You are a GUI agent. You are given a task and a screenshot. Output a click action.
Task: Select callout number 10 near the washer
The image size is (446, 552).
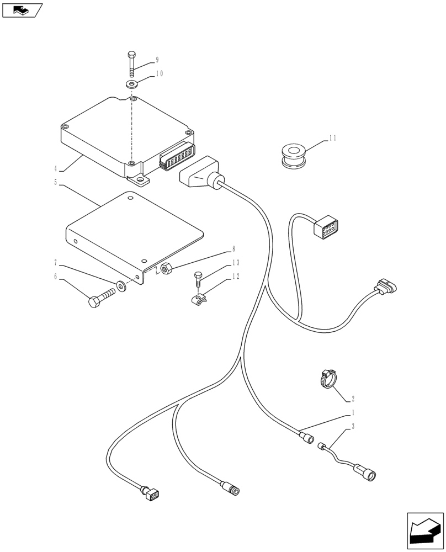tap(158, 73)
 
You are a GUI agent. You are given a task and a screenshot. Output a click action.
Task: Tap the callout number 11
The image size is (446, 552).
tap(332, 138)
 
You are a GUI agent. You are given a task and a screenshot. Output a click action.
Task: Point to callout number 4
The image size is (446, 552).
tap(56, 168)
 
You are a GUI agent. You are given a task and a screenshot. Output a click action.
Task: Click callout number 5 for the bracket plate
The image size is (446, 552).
tap(56, 182)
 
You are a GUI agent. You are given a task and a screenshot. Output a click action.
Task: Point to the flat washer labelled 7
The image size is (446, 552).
tap(121, 287)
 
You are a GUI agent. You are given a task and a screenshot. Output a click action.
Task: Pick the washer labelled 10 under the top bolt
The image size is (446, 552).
tap(132, 84)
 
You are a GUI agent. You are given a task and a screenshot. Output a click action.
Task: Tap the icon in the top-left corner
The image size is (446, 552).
tap(22, 9)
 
